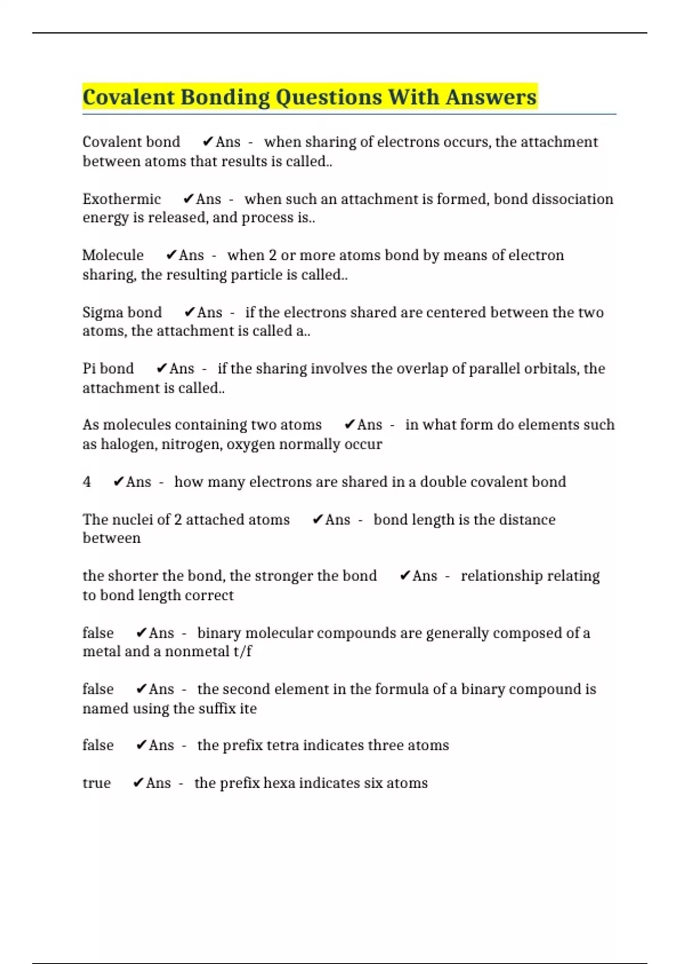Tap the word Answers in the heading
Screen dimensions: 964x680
tap(490, 97)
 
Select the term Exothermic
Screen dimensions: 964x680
tap(121, 199)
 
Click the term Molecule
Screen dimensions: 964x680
tap(113, 255)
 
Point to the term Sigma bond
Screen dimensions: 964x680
tap(122, 312)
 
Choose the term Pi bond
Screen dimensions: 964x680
tap(108, 369)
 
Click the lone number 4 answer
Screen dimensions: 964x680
tap(87, 482)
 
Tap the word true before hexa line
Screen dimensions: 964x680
tap(96, 783)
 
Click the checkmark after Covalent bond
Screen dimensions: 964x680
tap(207, 142)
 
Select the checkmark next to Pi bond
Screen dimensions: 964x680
tap(161, 369)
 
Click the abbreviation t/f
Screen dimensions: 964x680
tap(242, 652)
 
